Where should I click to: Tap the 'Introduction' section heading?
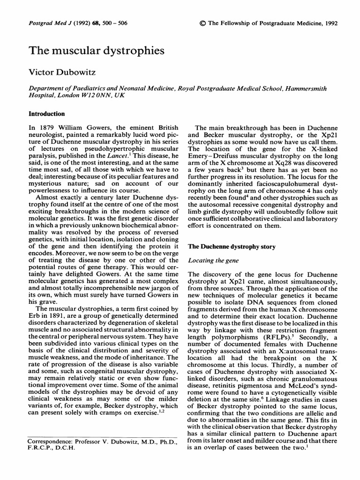coord(47,114)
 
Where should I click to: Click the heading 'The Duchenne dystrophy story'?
coord(231,247)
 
